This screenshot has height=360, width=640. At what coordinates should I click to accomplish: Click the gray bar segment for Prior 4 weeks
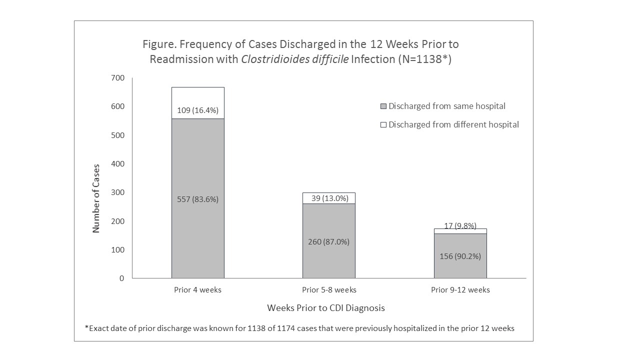point(197,165)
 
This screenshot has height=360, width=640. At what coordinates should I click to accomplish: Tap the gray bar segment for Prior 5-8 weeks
point(328,225)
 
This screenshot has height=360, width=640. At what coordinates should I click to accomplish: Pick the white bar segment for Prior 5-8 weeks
point(328,198)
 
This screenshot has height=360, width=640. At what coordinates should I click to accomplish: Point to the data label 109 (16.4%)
point(197,110)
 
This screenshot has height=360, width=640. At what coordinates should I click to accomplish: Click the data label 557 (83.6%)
point(197,199)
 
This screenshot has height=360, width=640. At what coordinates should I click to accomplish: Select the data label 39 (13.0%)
point(328,198)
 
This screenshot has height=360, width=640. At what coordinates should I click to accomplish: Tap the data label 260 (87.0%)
point(328,241)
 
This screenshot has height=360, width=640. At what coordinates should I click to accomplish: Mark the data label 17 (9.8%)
point(460,225)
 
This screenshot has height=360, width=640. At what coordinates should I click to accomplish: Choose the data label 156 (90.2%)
point(460,256)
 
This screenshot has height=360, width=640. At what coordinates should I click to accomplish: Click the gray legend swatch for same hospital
point(383,106)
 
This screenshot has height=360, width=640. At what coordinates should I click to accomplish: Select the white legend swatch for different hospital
point(383,125)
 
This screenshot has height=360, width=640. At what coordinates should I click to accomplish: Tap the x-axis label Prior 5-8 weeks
point(328,290)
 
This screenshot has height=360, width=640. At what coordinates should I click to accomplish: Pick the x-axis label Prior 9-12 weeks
point(460,290)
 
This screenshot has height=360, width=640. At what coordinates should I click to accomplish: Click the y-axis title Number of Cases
point(96,198)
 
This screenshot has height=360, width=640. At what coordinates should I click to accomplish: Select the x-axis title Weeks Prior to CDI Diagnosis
point(325,307)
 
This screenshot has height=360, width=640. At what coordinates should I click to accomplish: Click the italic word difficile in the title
point(324,59)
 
